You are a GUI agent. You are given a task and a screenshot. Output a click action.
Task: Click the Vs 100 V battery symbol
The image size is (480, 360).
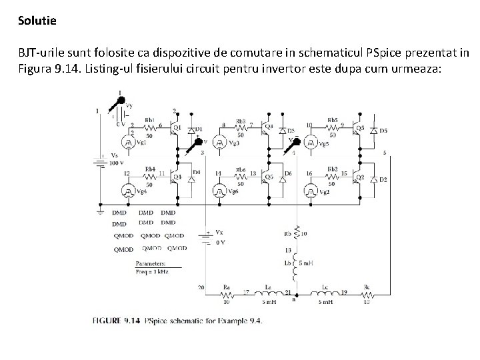pyautogui.click(x=99, y=161)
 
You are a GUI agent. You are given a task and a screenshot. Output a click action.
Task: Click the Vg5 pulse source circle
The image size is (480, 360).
pyautogui.click(x=310, y=142)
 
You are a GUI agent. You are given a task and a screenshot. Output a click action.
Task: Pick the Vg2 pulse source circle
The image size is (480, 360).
pyautogui.click(x=310, y=191)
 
